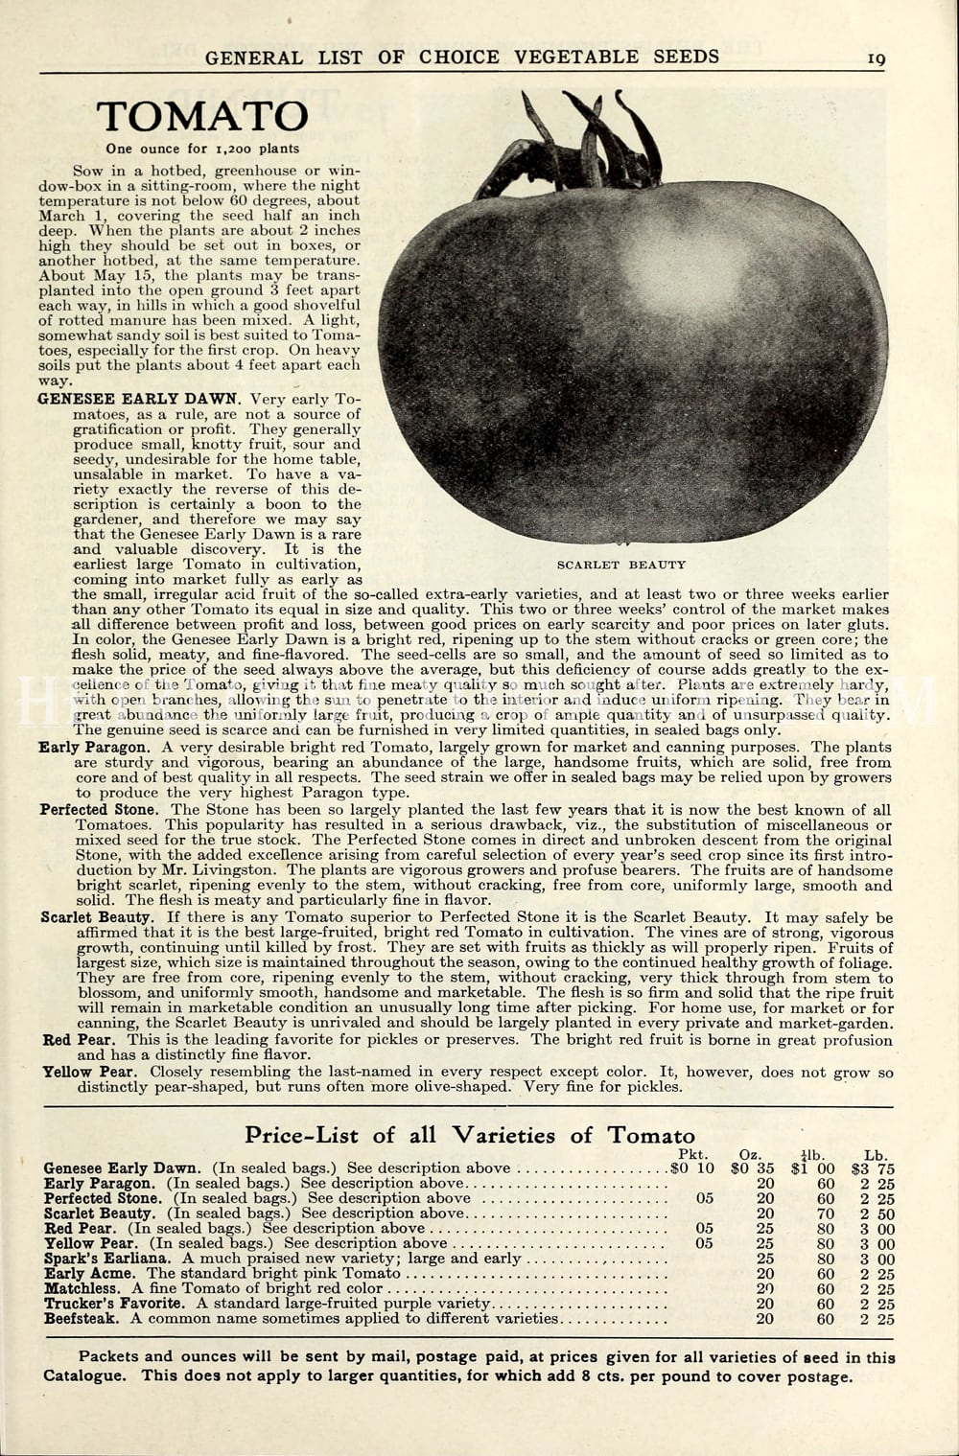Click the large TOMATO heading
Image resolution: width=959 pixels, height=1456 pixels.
click(202, 117)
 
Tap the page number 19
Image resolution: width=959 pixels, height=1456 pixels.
click(877, 58)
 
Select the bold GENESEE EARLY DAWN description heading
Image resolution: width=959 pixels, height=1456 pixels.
click(139, 399)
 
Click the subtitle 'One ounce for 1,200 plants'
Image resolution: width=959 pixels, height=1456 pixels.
click(202, 149)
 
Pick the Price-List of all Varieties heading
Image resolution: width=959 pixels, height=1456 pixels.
click(470, 1135)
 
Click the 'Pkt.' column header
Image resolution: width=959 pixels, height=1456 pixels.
click(698, 1154)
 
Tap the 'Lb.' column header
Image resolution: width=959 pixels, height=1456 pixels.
click(875, 1154)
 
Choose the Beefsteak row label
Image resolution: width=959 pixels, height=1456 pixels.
click(82, 1318)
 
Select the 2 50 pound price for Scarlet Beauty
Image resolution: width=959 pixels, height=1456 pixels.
click(877, 1213)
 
